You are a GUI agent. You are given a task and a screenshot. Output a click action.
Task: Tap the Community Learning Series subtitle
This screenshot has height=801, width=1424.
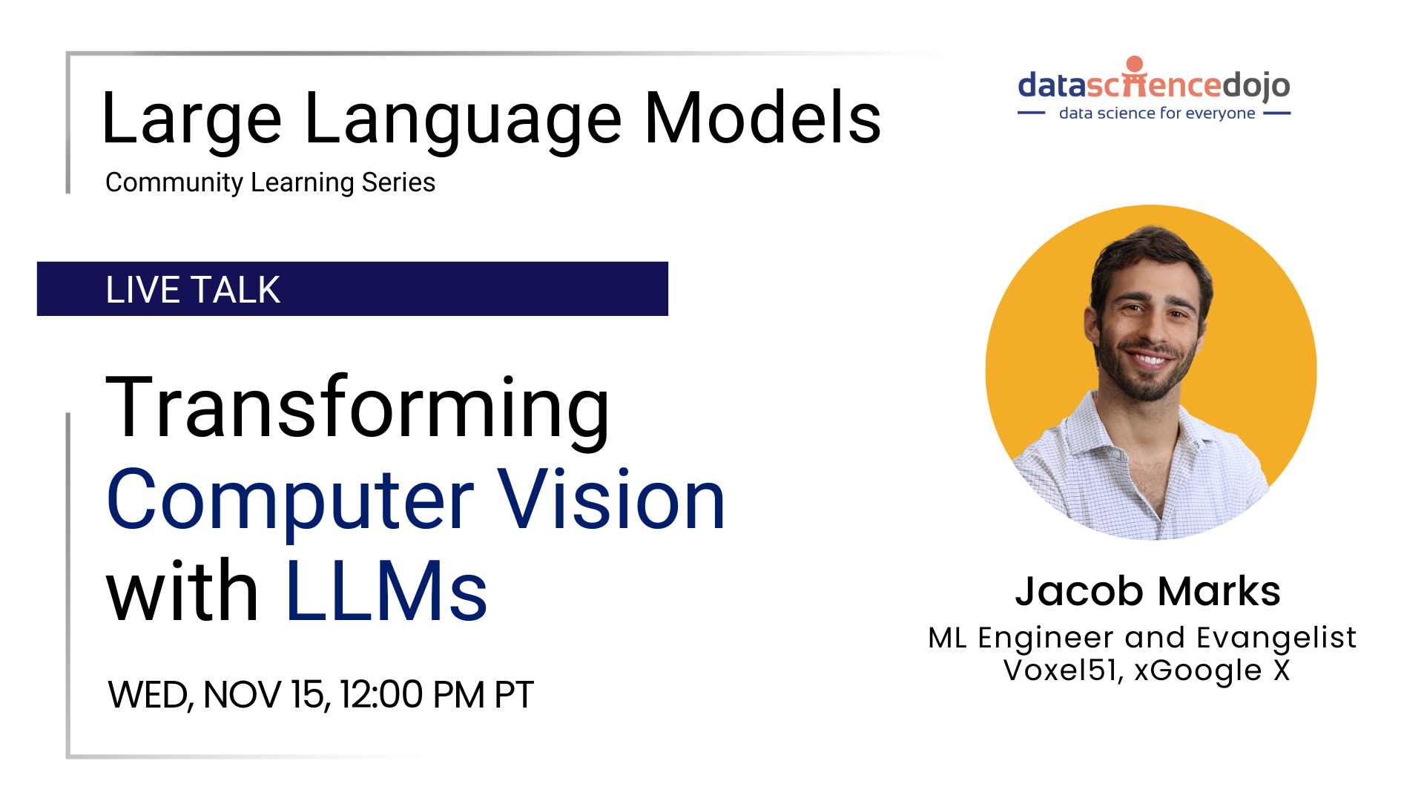click(270, 182)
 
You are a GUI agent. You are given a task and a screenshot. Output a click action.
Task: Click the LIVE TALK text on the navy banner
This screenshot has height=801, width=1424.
click(193, 289)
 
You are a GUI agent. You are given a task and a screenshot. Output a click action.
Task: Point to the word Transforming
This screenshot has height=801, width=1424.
click(357, 408)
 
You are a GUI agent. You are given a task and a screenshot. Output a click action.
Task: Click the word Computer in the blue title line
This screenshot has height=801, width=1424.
click(290, 501)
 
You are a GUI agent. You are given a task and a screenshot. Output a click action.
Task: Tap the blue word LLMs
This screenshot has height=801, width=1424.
click(386, 591)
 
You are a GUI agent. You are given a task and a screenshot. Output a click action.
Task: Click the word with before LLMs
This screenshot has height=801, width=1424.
click(182, 591)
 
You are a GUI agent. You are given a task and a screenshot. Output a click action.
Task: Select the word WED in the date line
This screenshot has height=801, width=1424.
click(148, 695)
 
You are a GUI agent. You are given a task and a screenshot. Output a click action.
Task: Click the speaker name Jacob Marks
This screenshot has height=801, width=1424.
click(1147, 591)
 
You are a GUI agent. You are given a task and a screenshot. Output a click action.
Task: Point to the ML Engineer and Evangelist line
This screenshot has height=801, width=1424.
click(1142, 638)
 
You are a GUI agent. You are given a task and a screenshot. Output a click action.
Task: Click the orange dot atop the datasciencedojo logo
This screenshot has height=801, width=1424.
click(1134, 64)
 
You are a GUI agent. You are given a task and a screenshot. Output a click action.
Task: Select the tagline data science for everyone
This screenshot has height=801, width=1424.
click(1156, 113)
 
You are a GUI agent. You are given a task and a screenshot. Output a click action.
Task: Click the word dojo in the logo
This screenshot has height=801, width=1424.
click(1256, 86)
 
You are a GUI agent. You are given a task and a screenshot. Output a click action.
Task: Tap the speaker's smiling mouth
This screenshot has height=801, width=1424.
click(1149, 360)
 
